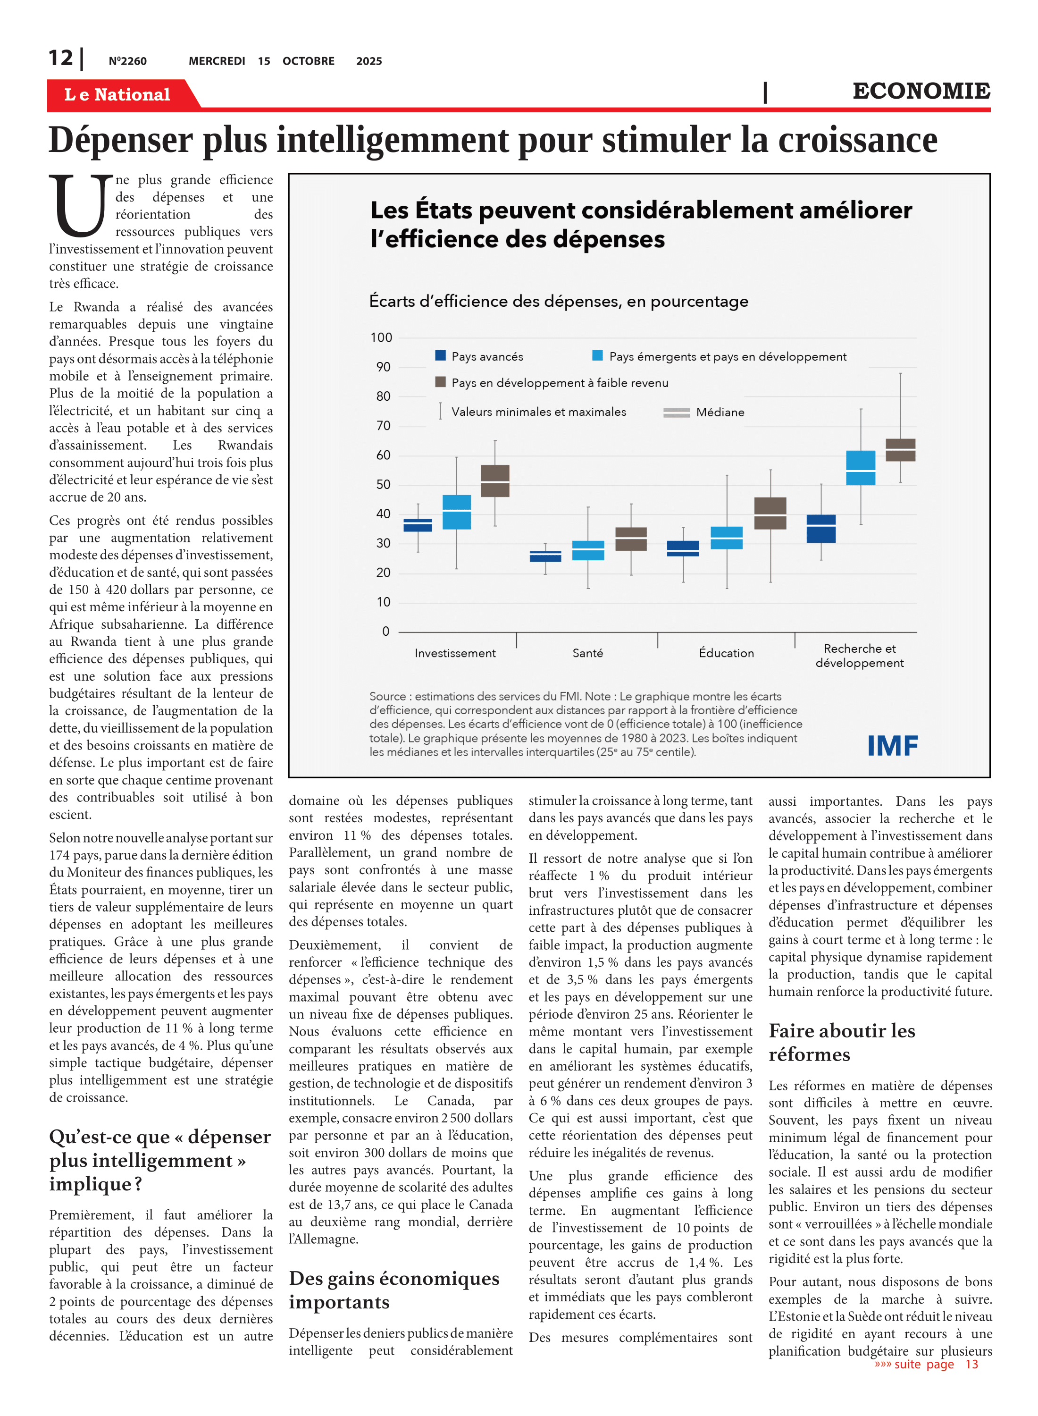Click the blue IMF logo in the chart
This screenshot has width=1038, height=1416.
point(892,746)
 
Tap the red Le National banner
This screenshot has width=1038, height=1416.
point(117,94)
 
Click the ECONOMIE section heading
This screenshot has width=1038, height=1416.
point(921,91)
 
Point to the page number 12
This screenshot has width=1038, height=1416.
point(61,59)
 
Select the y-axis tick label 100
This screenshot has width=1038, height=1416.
point(381,337)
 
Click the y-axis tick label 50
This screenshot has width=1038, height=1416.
point(383,485)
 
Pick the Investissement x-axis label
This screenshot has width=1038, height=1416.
point(455,653)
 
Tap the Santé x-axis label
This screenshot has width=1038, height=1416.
point(587,653)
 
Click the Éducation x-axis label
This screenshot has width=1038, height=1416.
point(726,653)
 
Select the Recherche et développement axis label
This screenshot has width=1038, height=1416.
point(860,656)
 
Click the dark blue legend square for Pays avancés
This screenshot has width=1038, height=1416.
point(441,356)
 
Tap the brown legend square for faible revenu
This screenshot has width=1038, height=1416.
point(441,382)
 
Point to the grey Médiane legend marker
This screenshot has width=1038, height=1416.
point(677,413)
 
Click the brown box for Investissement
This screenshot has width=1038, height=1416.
point(495,481)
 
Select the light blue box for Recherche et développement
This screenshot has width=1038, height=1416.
point(860,468)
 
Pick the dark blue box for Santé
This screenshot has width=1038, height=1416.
point(545,556)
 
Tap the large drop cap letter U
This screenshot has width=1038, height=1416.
point(80,205)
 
